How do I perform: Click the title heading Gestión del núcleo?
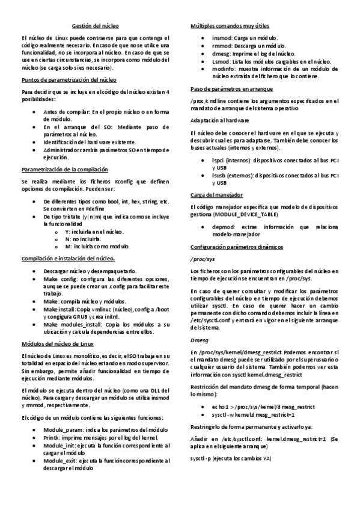(96, 26)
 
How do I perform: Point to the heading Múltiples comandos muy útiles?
(230, 26)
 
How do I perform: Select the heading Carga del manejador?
(216, 195)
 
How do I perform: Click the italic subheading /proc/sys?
(203, 259)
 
